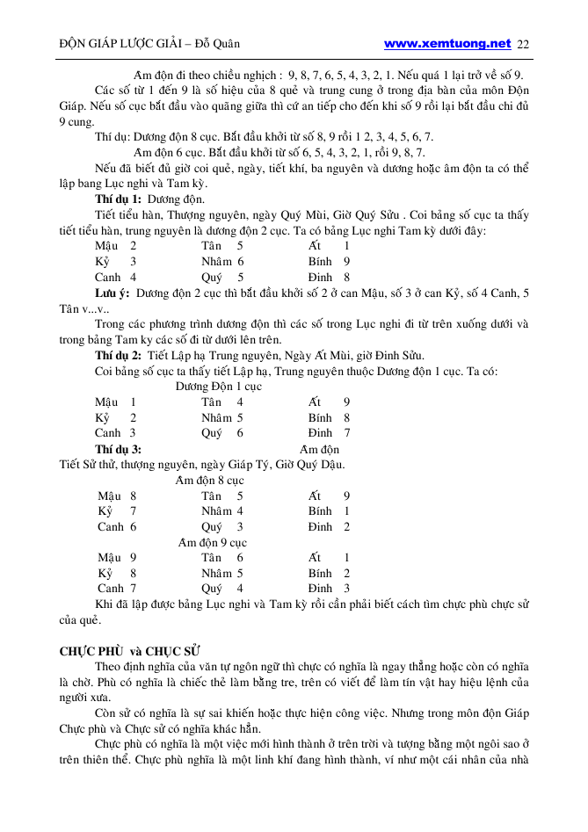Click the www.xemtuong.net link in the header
[447, 43]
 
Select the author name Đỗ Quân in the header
[216, 44]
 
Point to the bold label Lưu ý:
[113, 293]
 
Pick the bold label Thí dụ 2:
[119, 355]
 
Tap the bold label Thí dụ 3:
[119, 449]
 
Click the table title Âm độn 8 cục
[209, 481]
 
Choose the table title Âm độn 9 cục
[212, 542]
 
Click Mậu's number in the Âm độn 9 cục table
[133, 558]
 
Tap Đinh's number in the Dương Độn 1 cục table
[347, 432]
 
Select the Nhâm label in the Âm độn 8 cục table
[216, 511]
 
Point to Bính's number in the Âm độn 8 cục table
[347, 511]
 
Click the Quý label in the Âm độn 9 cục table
[211, 589]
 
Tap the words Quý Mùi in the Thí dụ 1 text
[303, 215]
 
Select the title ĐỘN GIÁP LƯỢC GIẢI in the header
[119, 44]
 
